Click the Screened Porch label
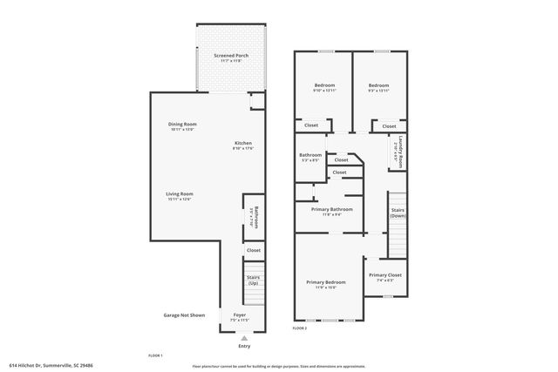pos(231,56)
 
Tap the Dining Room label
pos(182,125)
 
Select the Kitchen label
pos(242,144)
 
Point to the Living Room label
pos(180,193)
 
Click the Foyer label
pos(239,315)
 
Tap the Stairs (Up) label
pos(254,280)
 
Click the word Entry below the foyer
pos(243,346)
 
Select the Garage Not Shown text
pos(184,315)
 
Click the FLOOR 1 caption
pos(156,355)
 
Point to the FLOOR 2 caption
pos(300,328)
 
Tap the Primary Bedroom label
pos(325,282)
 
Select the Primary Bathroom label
pos(331,209)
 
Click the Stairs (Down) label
pos(398,213)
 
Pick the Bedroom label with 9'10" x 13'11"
pos(324,85)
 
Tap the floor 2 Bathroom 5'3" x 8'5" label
pos(310,156)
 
